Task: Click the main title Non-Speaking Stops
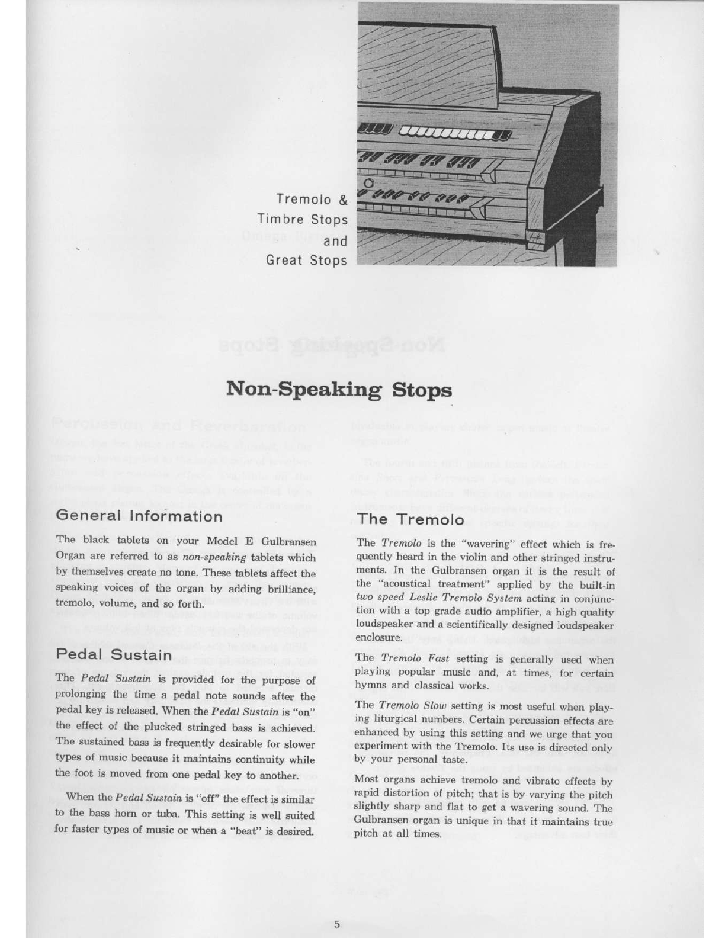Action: point(339,390)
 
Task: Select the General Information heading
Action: point(139,516)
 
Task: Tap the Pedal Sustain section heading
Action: point(114,655)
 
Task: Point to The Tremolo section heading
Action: point(410,519)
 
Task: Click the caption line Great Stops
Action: point(306,260)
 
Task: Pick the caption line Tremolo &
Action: point(312,200)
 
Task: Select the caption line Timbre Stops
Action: point(303,220)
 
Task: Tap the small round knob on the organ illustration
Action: point(368,183)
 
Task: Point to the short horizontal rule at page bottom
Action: point(117,932)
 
